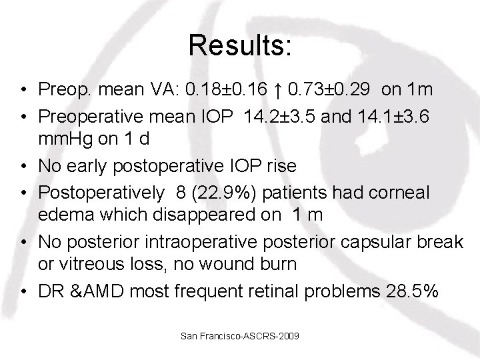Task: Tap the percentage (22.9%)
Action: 221,191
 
